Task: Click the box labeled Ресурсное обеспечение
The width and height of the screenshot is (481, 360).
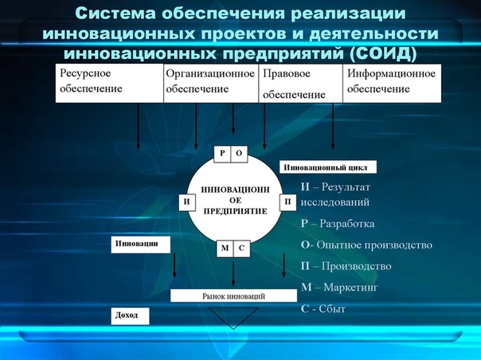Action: [110, 83]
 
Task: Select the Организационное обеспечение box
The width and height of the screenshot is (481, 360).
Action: [211, 83]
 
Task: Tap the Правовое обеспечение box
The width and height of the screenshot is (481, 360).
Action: [301, 83]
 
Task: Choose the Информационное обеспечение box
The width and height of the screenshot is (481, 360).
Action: [392, 83]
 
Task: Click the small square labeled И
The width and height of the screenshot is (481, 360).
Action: [187, 202]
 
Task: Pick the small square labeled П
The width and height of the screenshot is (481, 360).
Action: [288, 202]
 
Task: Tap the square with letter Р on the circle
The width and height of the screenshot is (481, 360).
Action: [222, 154]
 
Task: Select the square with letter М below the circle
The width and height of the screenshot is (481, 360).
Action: [225, 248]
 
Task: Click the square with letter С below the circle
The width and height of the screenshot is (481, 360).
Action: [242, 248]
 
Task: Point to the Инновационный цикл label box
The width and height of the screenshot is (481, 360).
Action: [328, 167]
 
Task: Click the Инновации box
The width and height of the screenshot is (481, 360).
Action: [140, 245]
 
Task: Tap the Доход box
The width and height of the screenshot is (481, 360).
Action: [130, 316]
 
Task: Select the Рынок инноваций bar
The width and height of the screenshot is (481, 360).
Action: [234, 295]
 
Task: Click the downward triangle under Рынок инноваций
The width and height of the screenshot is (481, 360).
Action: [233, 316]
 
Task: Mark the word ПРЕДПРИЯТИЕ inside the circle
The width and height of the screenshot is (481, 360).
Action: [236, 211]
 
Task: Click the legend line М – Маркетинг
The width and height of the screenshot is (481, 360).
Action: [339, 288]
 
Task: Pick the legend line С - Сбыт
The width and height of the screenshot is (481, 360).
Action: [323, 308]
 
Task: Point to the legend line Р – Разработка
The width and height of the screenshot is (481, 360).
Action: [338, 224]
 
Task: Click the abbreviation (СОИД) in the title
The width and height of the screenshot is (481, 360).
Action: [382, 53]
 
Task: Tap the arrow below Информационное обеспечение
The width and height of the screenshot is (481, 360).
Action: [333, 127]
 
